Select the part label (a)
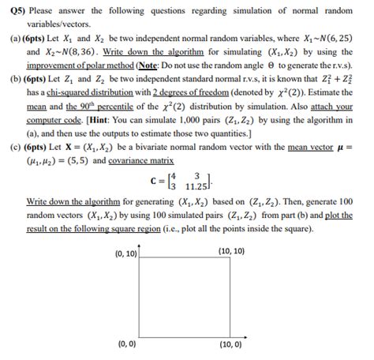(x=12, y=36)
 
